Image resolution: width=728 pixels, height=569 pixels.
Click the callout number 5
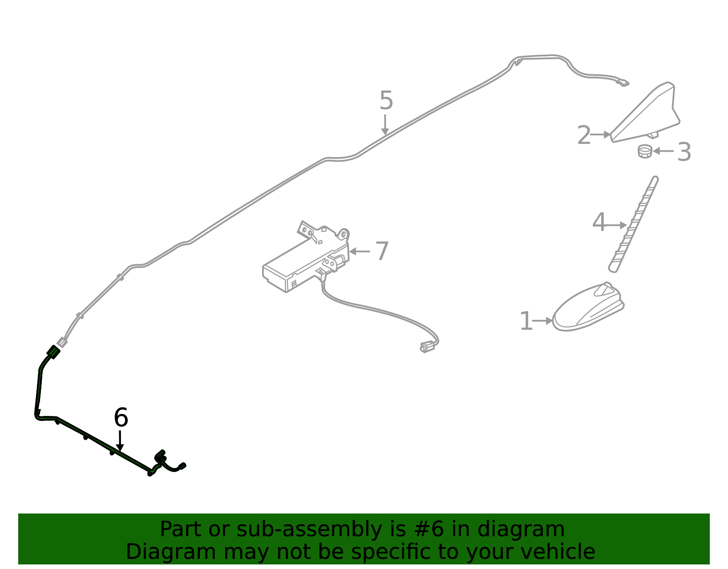click(386, 100)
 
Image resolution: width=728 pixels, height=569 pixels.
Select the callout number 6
click(121, 417)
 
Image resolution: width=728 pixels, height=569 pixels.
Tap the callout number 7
click(382, 251)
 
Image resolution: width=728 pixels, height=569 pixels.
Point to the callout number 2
click(584, 135)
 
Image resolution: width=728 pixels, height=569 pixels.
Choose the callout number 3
click(684, 152)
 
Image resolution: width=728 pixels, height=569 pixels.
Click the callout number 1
click(526, 321)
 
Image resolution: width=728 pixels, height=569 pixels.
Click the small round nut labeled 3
click(645, 151)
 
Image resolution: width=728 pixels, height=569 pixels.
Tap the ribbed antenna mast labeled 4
click(633, 225)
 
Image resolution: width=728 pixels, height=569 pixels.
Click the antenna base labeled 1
click(588, 308)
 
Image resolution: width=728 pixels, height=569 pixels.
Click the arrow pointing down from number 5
click(385, 125)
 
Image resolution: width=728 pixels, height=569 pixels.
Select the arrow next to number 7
click(359, 251)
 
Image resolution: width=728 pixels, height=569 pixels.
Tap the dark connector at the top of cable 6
click(53, 352)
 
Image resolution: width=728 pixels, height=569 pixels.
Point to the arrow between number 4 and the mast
click(616, 226)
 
